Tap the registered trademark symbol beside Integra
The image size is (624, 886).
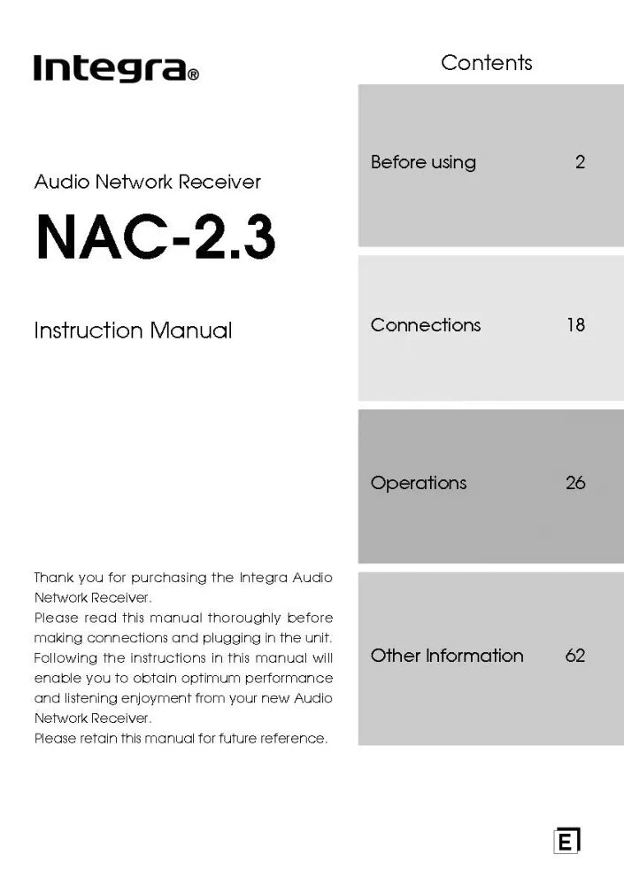pyautogui.click(x=194, y=75)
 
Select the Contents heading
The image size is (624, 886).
pyautogui.click(x=486, y=63)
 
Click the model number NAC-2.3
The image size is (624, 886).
pyautogui.click(x=155, y=238)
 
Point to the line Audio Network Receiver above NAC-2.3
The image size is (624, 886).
pyautogui.click(x=147, y=182)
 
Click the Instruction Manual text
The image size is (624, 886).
pyautogui.click(x=133, y=330)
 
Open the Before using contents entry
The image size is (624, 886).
pyautogui.click(x=423, y=162)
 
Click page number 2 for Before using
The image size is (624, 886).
pyautogui.click(x=580, y=162)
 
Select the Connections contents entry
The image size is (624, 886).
pyautogui.click(x=426, y=325)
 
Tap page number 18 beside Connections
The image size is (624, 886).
pyautogui.click(x=575, y=325)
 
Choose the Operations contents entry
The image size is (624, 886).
pyautogui.click(x=419, y=484)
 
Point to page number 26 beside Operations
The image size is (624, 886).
pyautogui.click(x=575, y=484)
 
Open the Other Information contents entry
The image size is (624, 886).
pyautogui.click(x=447, y=656)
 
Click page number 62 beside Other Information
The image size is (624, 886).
pyautogui.click(x=575, y=656)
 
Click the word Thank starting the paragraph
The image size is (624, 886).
pyautogui.click(x=52, y=578)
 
